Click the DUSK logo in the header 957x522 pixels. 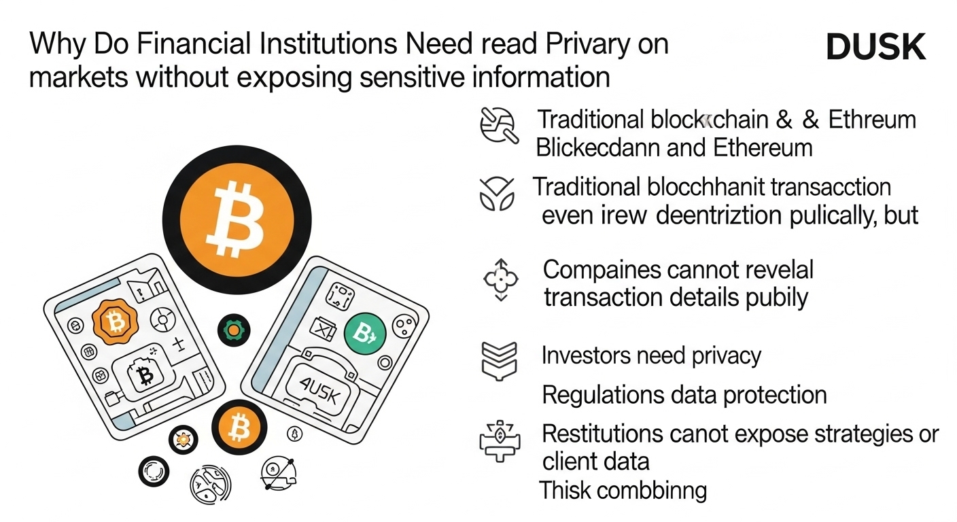tap(875, 47)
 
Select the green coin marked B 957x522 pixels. tap(365, 333)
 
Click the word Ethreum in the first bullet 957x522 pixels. tap(872, 120)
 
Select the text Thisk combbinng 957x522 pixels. tap(623, 490)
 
